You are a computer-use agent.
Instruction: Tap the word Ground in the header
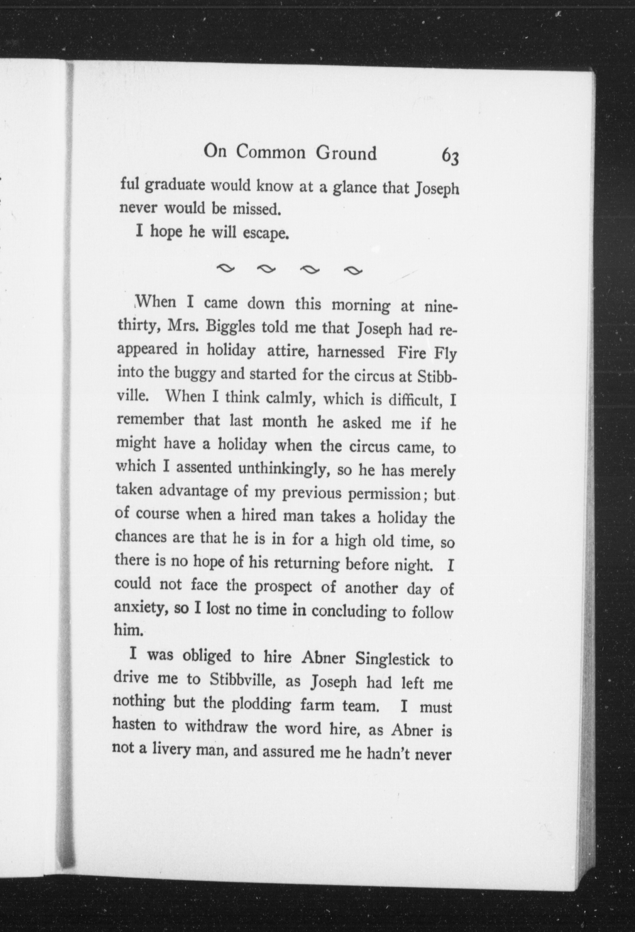pos(346,153)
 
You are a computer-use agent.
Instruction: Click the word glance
pos(353,187)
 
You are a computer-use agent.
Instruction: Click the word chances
pos(141,537)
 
